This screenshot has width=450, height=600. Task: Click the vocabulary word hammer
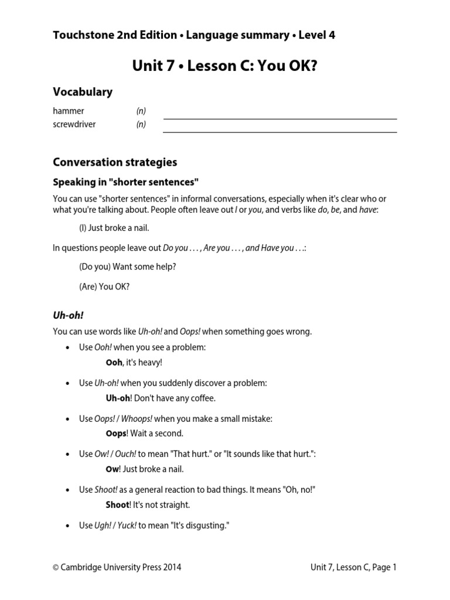click(69, 111)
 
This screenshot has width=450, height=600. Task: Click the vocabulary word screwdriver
click(74, 124)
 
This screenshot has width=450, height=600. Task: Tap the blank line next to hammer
click(279, 118)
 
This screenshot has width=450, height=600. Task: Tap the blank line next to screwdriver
click(279, 132)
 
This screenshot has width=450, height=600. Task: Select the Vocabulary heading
click(83, 92)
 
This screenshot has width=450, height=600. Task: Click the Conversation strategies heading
click(115, 162)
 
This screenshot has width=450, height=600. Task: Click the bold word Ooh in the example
click(114, 363)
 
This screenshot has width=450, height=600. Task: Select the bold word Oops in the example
click(116, 434)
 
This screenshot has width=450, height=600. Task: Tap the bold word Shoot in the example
click(117, 505)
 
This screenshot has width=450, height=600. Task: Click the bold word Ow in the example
click(112, 469)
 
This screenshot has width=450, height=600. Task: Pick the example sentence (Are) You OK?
click(104, 287)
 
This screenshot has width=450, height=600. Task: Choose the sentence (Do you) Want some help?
click(127, 267)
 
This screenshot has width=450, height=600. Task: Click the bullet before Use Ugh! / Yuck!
click(69, 526)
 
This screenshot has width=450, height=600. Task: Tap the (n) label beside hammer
click(141, 111)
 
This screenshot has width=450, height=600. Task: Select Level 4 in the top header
click(317, 35)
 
